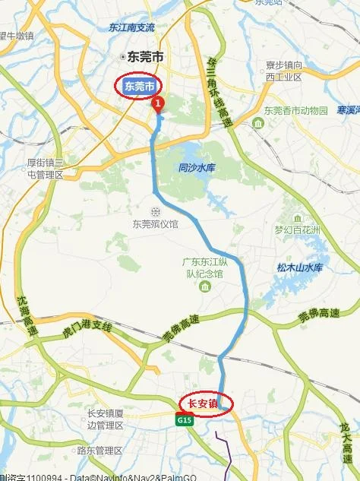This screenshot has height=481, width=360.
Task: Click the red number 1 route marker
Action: click(x=158, y=103)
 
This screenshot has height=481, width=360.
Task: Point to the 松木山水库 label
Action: click(x=299, y=267)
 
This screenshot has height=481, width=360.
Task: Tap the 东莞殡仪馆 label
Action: click(x=155, y=223)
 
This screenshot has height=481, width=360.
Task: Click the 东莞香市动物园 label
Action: click(x=296, y=110)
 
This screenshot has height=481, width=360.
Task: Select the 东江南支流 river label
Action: click(x=131, y=27)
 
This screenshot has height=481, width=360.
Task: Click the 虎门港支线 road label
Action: click(x=87, y=328)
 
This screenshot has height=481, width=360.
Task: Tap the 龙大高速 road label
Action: click(x=347, y=437)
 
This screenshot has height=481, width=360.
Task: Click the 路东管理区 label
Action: click(x=99, y=451)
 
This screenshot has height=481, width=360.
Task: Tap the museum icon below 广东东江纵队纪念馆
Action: click(x=204, y=286)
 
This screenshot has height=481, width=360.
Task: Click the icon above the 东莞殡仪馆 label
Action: click(x=155, y=210)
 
